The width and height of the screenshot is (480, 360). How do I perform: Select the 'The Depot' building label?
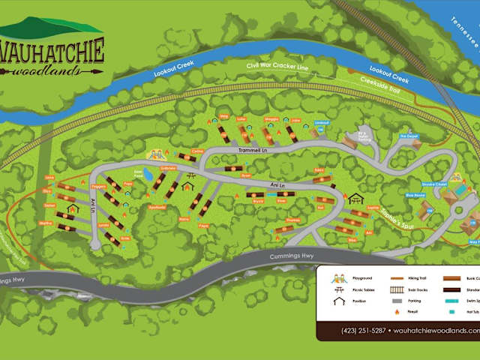click(x=408, y=136)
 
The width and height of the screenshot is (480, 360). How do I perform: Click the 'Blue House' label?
click(x=415, y=195)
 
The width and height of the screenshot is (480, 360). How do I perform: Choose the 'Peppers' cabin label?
click(x=97, y=186)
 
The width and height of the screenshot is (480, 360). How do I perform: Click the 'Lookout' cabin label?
click(x=322, y=122)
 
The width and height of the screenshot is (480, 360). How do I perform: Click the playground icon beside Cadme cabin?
click(x=157, y=154)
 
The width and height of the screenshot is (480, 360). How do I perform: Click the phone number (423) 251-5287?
click(x=363, y=331)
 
